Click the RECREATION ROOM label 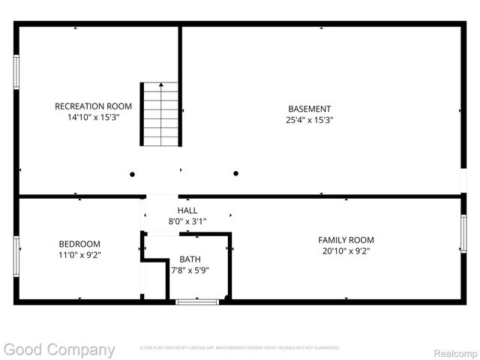93,106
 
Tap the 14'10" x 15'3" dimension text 93,118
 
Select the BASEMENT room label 309,108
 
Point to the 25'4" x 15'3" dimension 309,120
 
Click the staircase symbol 161,114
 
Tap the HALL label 187,210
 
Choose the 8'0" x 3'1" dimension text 187,221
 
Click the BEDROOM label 79,244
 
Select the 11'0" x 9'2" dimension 79,255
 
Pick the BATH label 190,259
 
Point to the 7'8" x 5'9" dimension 190,270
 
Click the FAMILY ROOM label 346,239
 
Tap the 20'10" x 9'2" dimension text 346,251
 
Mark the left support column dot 133,174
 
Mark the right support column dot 235,173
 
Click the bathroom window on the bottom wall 197,301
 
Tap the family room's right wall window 463,233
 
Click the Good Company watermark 59,349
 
